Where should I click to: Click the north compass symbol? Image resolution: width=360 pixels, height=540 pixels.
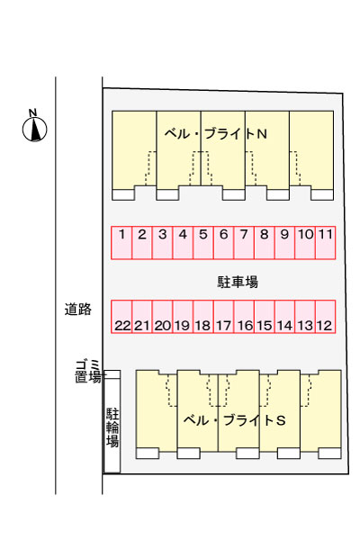[34, 129]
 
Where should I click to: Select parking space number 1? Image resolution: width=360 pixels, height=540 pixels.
[121, 242]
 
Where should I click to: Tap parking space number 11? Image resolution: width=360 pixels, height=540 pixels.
[325, 242]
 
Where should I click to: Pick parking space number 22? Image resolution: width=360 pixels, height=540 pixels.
[121, 317]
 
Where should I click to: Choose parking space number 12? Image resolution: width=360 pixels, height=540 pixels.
[325, 317]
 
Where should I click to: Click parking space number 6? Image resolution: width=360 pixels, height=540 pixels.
[223, 242]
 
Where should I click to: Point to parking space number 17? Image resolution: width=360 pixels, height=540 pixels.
[223, 317]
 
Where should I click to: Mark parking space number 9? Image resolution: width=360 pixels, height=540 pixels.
[284, 242]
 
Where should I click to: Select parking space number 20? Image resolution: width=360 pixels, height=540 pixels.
[162, 317]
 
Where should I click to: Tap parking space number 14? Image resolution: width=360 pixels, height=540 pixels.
[284, 317]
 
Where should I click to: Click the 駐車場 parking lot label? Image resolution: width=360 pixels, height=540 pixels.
[238, 282]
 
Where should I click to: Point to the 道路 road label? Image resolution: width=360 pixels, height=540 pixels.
[78, 309]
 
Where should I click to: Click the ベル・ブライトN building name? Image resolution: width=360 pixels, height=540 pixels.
[216, 133]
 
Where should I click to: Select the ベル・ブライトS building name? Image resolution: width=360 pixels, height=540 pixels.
[234, 420]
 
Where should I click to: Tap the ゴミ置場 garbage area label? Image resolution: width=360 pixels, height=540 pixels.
[88, 371]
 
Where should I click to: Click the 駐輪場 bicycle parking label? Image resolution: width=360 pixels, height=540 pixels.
[112, 427]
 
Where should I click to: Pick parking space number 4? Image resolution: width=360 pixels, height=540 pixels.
[183, 242]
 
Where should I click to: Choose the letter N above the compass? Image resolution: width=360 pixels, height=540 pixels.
[32, 112]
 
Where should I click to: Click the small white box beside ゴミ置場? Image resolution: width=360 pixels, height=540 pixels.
[112, 374]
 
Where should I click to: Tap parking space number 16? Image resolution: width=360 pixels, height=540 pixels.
[244, 317]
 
